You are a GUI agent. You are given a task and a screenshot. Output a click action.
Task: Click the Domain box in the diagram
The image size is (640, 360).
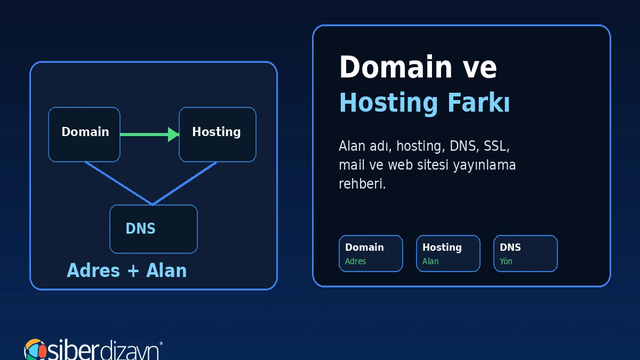pos(84,134)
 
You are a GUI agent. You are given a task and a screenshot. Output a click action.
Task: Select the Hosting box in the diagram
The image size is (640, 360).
pos(218,134)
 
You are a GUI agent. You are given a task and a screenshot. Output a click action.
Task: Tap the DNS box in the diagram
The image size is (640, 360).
pos(154,229)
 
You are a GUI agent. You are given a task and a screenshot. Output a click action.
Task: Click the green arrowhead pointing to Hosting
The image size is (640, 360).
pos(173,134)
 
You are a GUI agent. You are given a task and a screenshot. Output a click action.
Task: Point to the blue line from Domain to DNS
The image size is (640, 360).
pos(118,183)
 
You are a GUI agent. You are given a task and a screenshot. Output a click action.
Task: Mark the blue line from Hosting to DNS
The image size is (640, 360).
pos(185,183)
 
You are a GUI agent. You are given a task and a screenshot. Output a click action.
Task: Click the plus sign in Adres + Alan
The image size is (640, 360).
pos(133,271)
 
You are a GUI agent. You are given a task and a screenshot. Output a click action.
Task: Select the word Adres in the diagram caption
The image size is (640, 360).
pos(93,270)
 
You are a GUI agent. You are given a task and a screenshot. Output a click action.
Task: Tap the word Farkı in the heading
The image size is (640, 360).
pos(478,102)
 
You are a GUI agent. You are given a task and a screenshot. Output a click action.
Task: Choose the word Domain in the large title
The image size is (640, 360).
pos(396,67)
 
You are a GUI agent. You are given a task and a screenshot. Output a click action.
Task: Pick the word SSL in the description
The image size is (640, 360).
pos(495,146)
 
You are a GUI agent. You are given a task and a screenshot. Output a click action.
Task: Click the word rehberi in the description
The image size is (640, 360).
pos(362,183)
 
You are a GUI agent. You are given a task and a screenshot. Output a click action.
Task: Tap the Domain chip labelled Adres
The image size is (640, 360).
pos(371,253)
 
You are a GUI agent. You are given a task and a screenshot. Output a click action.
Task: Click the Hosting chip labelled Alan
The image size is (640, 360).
pos(448,253)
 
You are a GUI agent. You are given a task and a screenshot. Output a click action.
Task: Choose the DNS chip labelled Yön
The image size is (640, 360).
pos(525,253)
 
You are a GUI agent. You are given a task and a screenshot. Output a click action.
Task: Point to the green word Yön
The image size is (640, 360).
pos(506,261)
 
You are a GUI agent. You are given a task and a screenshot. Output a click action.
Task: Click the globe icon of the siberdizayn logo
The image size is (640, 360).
pos(35,349)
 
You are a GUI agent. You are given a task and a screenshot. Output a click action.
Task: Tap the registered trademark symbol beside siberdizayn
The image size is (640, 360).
pos(161,343)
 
